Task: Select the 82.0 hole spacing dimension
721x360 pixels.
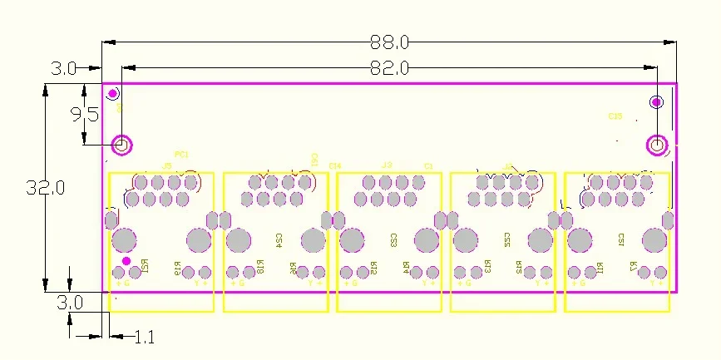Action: (x=389, y=69)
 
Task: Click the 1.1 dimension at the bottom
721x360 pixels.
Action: (x=144, y=338)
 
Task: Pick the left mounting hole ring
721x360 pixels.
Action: (x=121, y=145)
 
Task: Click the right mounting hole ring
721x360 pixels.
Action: (x=656, y=145)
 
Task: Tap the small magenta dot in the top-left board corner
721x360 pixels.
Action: (x=114, y=93)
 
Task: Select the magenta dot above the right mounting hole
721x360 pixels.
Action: (x=656, y=102)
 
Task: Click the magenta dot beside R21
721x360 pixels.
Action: (x=126, y=261)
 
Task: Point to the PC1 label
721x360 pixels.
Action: (x=181, y=154)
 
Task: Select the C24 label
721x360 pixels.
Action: (x=279, y=240)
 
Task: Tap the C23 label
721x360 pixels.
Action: (x=393, y=240)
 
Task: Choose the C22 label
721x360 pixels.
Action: (x=506, y=240)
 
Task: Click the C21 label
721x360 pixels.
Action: (x=620, y=240)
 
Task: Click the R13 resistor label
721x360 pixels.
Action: (x=487, y=268)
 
